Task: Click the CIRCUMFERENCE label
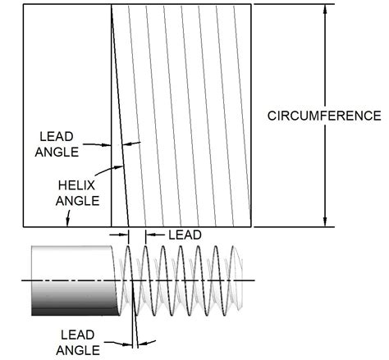coord(324,116)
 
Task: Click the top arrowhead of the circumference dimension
coord(326,9)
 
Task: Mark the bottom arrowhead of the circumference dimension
coord(326,222)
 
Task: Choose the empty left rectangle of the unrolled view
coord(66,82)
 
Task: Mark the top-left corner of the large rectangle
coord(22,4)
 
